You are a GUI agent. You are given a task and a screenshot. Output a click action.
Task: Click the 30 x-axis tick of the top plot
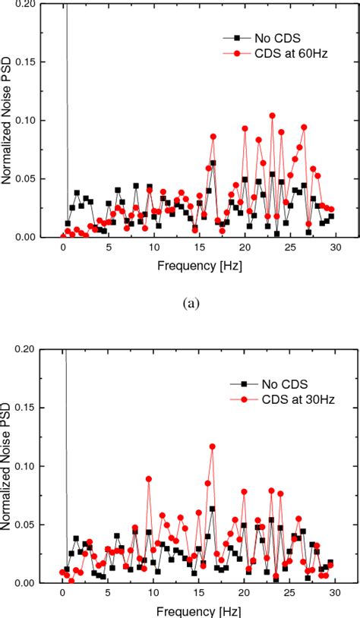(x=335, y=248)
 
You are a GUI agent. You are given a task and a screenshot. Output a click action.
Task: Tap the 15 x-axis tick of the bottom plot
(x=199, y=594)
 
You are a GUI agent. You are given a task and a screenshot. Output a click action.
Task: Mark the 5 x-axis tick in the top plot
(x=109, y=248)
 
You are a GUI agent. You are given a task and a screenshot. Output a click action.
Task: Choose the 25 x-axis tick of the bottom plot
(x=289, y=594)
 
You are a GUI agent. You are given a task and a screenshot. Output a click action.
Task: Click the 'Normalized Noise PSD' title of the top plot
(x=10, y=121)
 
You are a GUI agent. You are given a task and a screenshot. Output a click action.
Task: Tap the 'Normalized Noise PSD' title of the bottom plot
(x=10, y=467)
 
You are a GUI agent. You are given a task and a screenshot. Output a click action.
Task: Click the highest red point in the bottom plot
(x=212, y=446)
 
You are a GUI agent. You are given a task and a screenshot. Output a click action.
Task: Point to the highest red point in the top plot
(x=272, y=115)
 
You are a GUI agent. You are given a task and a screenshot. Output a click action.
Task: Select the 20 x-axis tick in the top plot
(x=245, y=248)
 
